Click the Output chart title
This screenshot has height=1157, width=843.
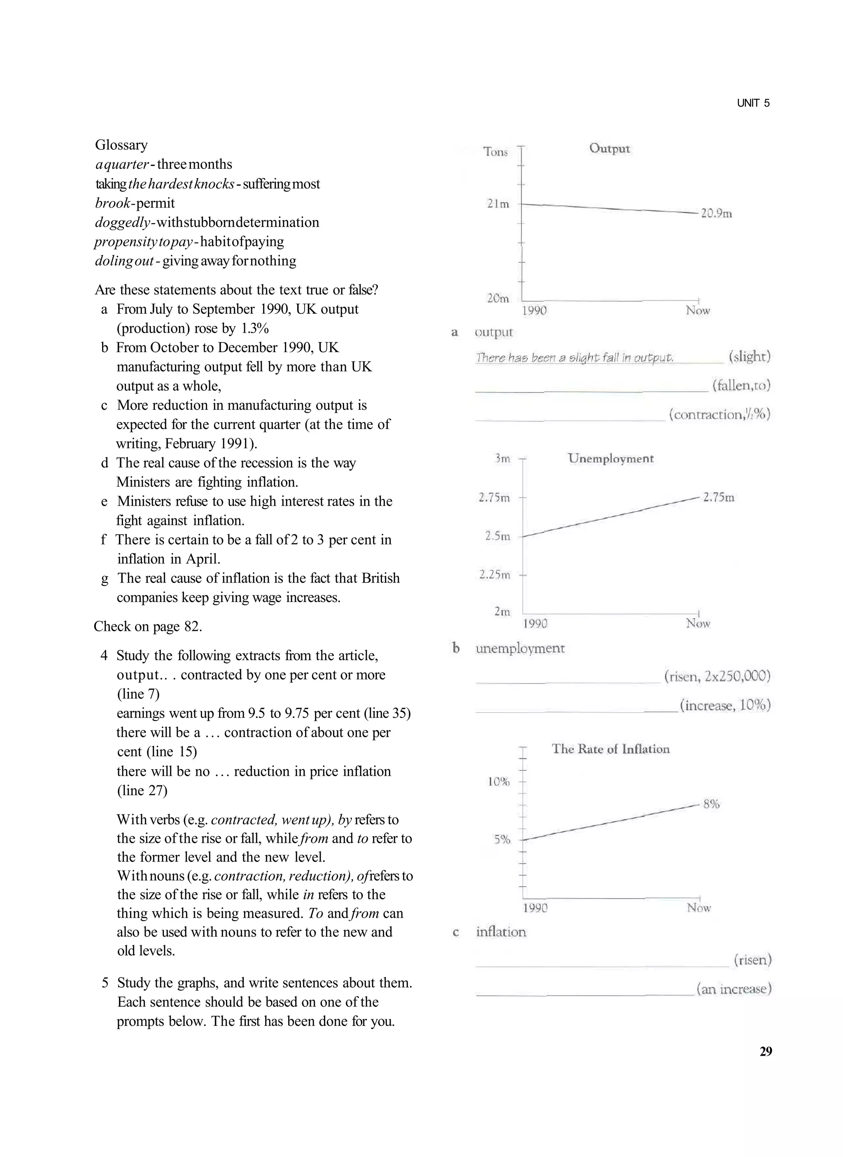(609, 149)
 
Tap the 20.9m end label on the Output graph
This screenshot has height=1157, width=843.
(717, 213)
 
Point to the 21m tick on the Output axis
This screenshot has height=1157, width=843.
(498, 204)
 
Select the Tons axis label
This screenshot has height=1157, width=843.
(496, 152)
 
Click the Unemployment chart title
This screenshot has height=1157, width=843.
(610, 458)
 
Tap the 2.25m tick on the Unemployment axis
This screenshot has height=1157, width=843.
(494, 575)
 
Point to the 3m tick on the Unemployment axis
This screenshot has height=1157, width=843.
(503, 458)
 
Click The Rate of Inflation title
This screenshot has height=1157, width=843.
(610, 749)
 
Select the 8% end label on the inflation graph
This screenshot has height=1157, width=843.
(711, 804)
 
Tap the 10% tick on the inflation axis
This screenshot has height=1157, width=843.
(498, 781)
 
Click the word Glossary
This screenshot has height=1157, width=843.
(121, 145)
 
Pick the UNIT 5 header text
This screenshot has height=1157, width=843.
(753, 103)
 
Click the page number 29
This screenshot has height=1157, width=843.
(766, 1051)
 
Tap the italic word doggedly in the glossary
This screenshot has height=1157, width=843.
(123, 222)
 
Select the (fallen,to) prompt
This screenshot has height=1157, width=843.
(741, 385)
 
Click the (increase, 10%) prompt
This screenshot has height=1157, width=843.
(724, 705)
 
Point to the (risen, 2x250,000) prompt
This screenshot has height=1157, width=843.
(717, 676)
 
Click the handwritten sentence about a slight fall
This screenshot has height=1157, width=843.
(575, 357)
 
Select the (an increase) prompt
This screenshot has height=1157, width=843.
(734, 989)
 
